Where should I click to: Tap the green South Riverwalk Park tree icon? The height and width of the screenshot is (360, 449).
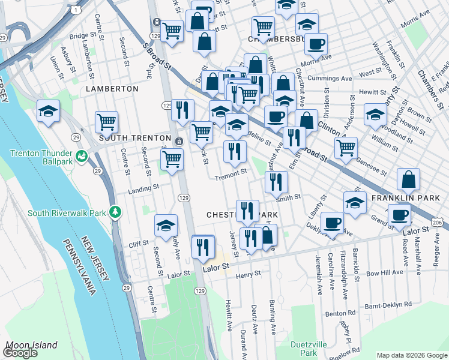pyautogui.click(x=119, y=212)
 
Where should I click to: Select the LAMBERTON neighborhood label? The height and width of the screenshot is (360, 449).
pyautogui.click(x=112, y=88)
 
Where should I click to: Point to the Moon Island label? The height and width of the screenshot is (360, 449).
pyautogui.click(x=31, y=345)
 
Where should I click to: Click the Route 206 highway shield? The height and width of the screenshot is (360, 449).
pyautogui.click(x=439, y=223)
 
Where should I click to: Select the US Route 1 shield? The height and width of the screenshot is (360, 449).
pyautogui.click(x=75, y=10)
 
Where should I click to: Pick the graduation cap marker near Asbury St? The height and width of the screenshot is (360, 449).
pyautogui.click(x=48, y=111)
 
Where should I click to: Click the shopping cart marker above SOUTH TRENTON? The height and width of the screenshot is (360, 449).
pyautogui.click(x=106, y=122)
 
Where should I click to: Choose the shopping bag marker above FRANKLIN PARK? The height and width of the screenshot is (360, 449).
pyautogui.click(x=408, y=179)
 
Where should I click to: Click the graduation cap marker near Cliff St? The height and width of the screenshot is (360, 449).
pyautogui.click(x=166, y=226)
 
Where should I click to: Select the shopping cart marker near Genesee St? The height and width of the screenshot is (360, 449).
pyautogui.click(x=346, y=148)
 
